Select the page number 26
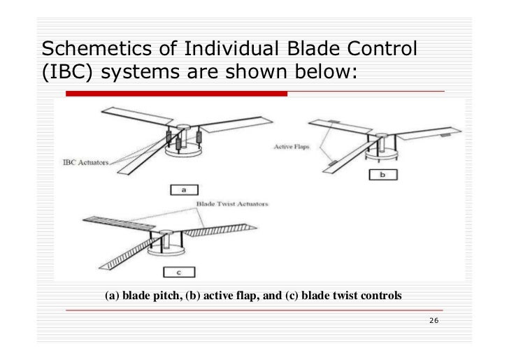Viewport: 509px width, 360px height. [433, 321]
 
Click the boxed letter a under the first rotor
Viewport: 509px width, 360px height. [182, 189]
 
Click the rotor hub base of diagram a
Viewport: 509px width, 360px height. [183, 150]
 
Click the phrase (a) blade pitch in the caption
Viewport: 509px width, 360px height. [143, 296]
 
